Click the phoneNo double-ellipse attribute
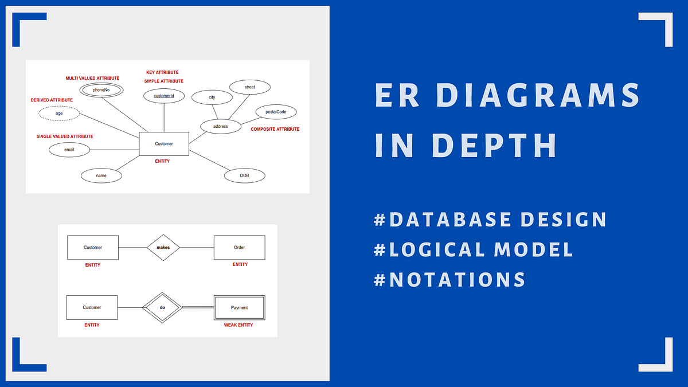tap(101, 90)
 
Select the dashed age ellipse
tap(59, 114)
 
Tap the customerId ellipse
tap(164, 96)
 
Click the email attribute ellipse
tap(69, 150)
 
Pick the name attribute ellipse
tap(101, 175)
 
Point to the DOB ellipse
tap(244, 175)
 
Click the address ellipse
tap(221, 126)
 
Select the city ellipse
tap(212, 97)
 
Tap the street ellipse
tap(249, 87)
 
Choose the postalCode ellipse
tap(276, 111)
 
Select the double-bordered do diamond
tap(162, 307)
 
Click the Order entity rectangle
tap(239, 248)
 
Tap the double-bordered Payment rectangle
tap(239, 307)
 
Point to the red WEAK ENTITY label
tap(239, 325)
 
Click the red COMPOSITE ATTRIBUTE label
tap(275, 130)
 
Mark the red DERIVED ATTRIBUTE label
tap(52, 100)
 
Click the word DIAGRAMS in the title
tap(535, 96)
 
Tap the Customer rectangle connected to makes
tap(93, 248)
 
